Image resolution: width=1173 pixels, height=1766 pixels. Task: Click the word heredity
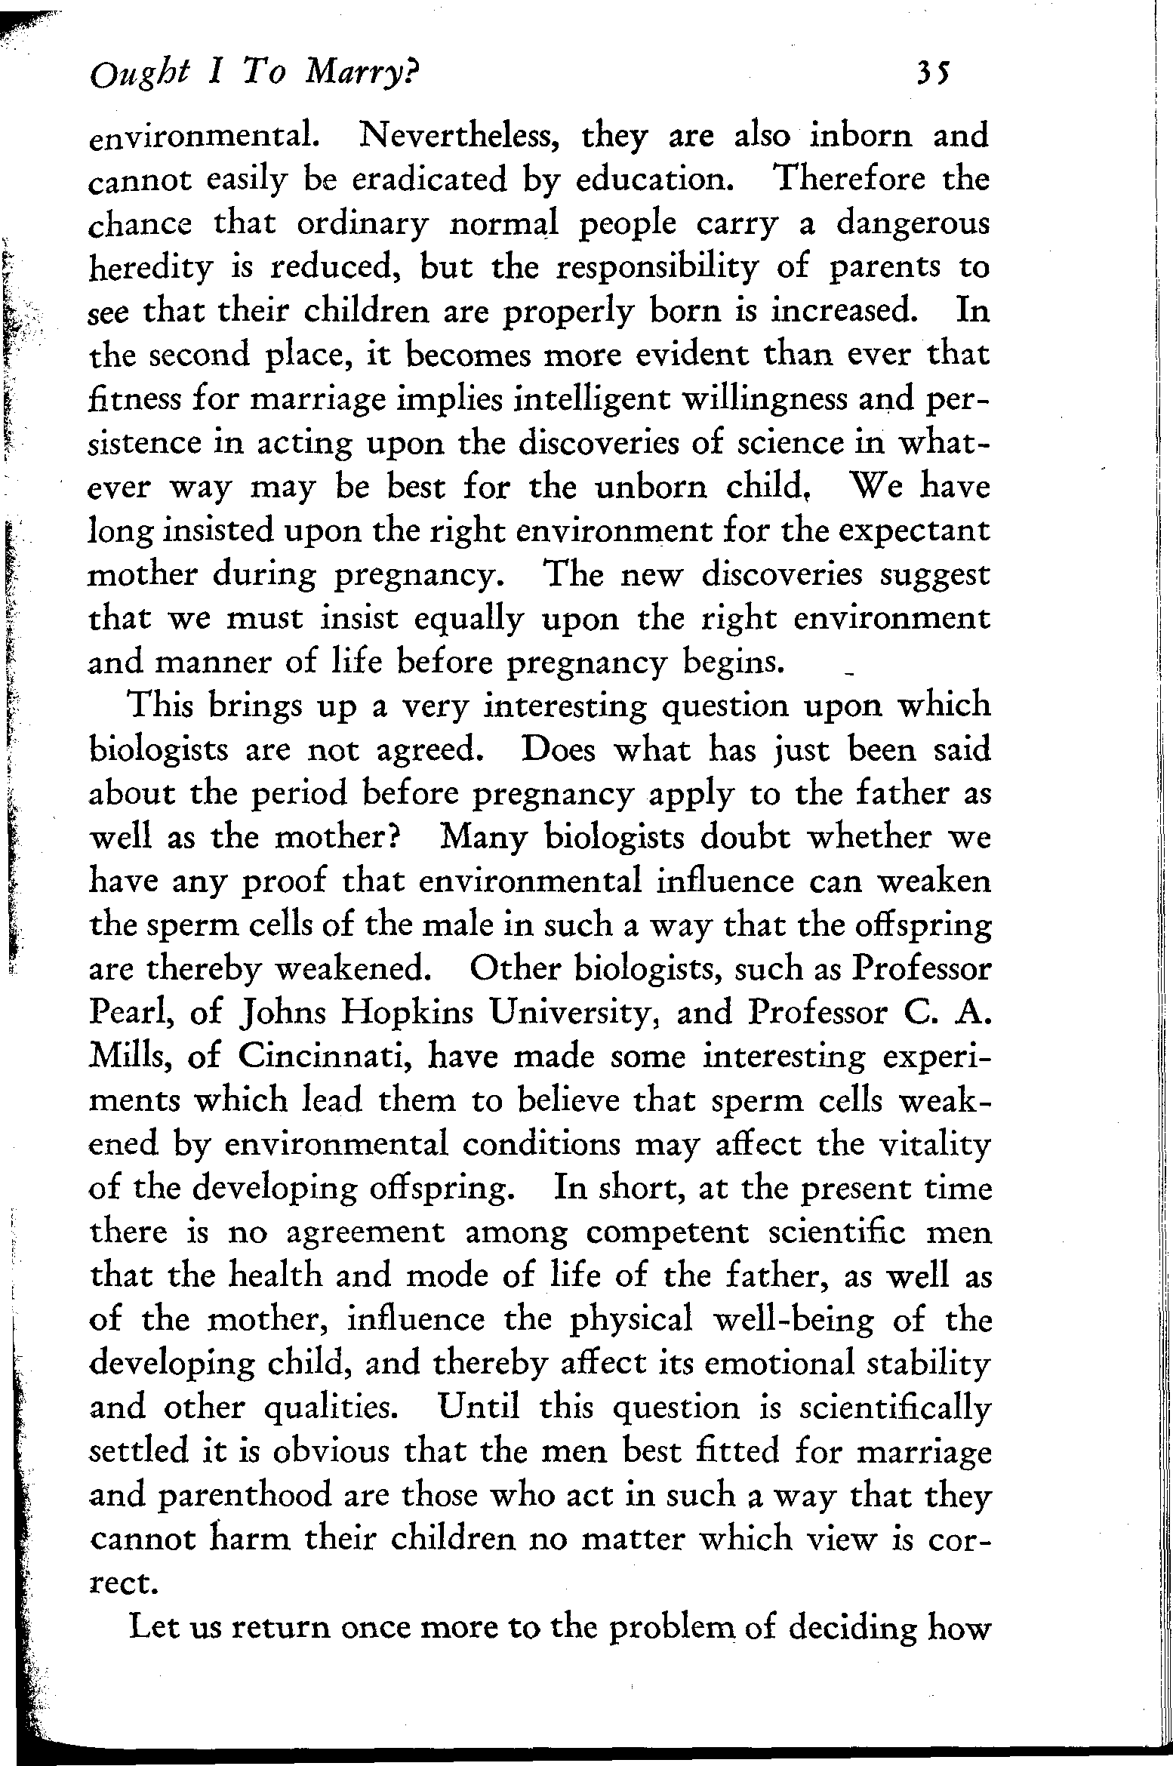(151, 269)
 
